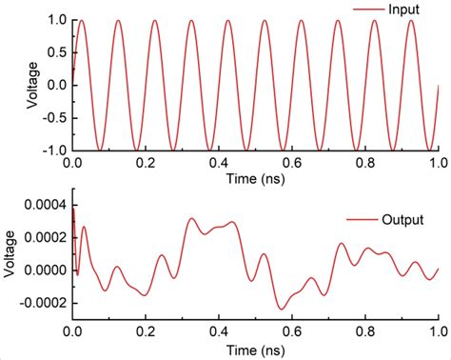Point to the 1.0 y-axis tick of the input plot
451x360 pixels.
point(56,20)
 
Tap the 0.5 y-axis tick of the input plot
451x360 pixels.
point(56,52)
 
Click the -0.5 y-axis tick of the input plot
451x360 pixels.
point(53,118)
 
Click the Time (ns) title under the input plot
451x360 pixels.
point(254,178)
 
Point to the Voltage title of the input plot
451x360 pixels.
point(32,85)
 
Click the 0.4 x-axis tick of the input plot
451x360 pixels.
point(219,163)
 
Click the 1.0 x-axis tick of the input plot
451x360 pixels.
point(438,163)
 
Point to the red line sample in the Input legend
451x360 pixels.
point(367,10)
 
